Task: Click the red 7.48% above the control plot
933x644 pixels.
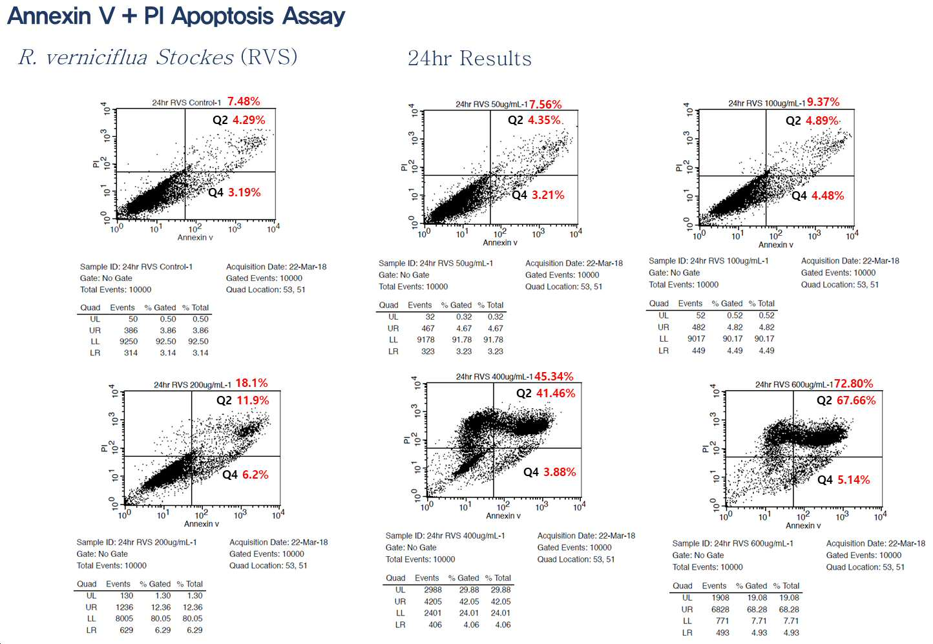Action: pyautogui.click(x=244, y=101)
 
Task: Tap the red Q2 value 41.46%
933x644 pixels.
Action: pyautogui.click(x=556, y=393)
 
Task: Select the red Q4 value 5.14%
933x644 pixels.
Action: pyautogui.click(x=854, y=479)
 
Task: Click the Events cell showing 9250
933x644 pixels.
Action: pyautogui.click(x=129, y=341)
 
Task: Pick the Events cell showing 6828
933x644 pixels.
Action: pyautogui.click(x=720, y=610)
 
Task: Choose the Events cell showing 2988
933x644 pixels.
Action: pyautogui.click(x=433, y=590)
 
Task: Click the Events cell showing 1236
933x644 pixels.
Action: pyautogui.click(x=124, y=607)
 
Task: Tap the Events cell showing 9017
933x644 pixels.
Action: pyautogui.click(x=696, y=339)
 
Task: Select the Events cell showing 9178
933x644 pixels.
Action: pyautogui.click(x=425, y=340)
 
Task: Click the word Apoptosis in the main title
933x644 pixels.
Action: pyautogui.click(x=222, y=17)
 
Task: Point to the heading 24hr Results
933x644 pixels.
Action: pyautogui.click(x=470, y=58)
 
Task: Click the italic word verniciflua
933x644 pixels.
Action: pyautogui.click(x=97, y=57)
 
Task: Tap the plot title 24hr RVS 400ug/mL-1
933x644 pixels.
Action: pyautogui.click(x=494, y=377)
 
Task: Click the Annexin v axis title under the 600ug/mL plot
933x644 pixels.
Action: pyautogui.click(x=803, y=525)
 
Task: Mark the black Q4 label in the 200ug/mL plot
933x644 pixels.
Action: pyautogui.click(x=230, y=475)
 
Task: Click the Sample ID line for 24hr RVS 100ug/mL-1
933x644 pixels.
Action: pyautogui.click(x=709, y=261)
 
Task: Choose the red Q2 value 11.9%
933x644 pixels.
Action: pyautogui.click(x=253, y=400)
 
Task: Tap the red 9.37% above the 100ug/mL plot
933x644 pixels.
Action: pyautogui.click(x=823, y=102)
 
